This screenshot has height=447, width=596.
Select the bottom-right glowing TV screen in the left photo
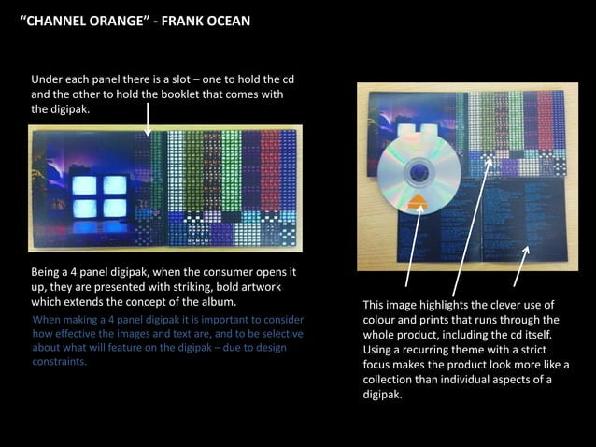click(114, 208)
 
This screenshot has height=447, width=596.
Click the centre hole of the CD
click(419, 170)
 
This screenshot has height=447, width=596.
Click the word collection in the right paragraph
click(394, 379)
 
